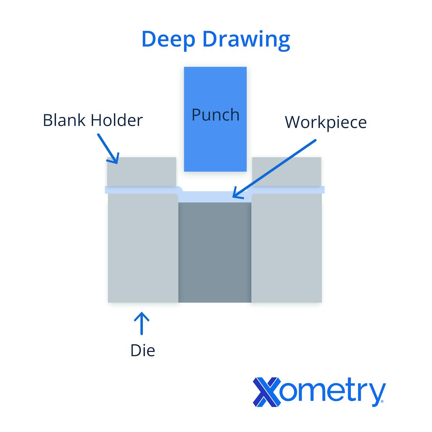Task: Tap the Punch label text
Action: (x=215, y=115)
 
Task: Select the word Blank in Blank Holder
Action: (x=64, y=120)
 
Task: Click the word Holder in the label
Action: (x=117, y=120)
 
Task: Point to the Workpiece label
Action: (x=325, y=123)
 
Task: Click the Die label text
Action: (x=143, y=350)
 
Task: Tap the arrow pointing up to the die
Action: (x=141, y=323)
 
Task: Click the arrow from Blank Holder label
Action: (x=108, y=149)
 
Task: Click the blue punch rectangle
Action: (x=215, y=119)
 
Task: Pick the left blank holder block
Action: (x=141, y=172)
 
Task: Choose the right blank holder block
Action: (x=287, y=172)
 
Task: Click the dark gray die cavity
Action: (x=215, y=252)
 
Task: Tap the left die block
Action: (x=143, y=248)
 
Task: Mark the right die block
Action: (x=287, y=248)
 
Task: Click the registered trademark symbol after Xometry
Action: (x=382, y=401)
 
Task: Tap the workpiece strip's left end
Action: (x=105, y=190)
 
